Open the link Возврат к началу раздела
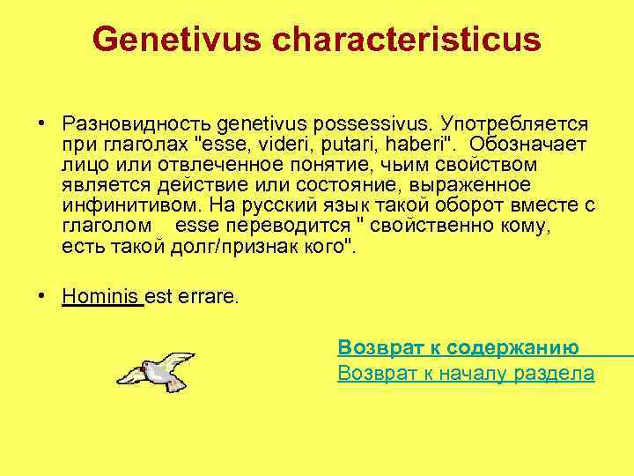click(466, 374)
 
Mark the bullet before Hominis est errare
click(41, 297)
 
